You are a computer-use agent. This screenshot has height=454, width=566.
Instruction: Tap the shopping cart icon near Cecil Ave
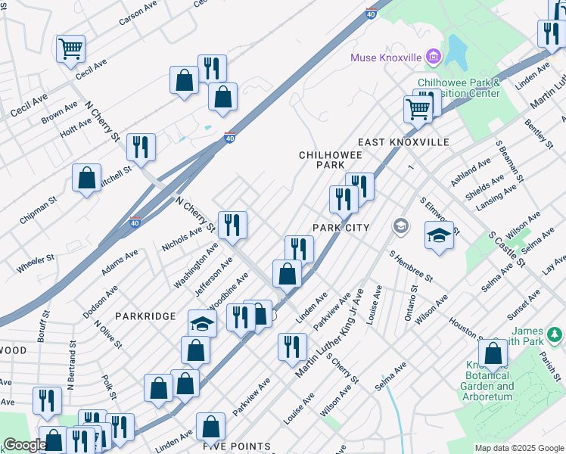(x=70, y=48)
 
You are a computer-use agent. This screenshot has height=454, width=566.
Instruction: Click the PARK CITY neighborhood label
(x=341, y=228)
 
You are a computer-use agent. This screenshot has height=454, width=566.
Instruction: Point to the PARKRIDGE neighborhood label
(x=145, y=316)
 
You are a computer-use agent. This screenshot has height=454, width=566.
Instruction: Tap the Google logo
(x=24, y=446)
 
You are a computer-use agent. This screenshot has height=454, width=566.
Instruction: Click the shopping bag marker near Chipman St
(x=87, y=179)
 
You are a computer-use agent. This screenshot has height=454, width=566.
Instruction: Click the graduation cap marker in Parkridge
(x=202, y=324)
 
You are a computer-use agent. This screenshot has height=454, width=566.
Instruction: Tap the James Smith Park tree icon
(x=555, y=334)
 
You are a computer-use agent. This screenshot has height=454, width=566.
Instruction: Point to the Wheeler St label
(x=36, y=264)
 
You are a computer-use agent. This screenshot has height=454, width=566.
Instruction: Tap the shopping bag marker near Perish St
(x=493, y=353)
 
